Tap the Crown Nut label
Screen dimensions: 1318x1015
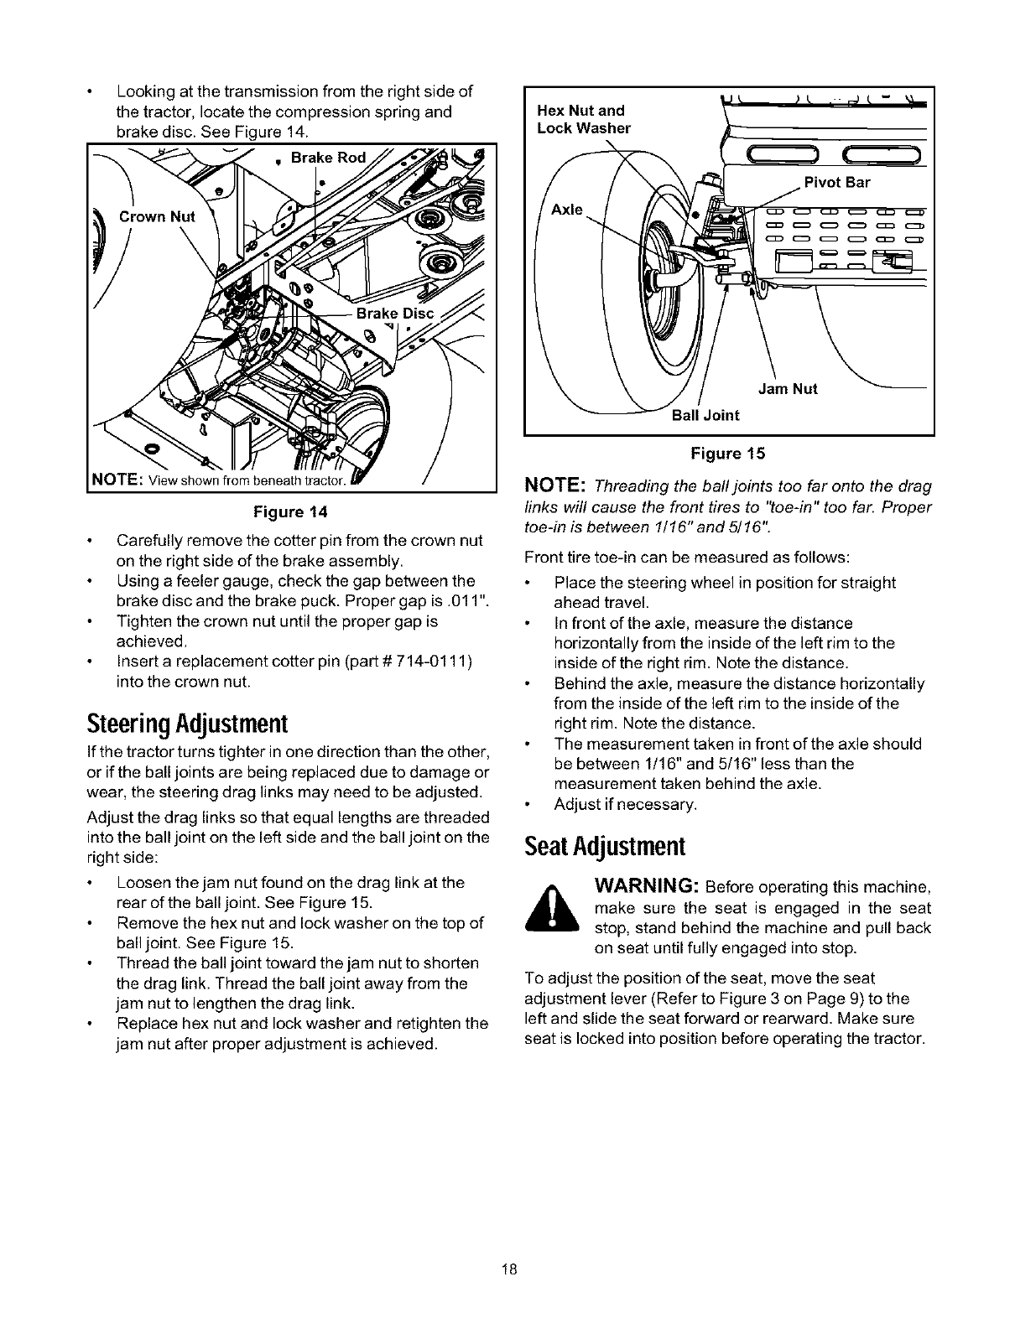(x=157, y=216)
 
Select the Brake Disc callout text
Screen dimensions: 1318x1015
(x=395, y=314)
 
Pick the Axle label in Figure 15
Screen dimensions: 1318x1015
(x=566, y=210)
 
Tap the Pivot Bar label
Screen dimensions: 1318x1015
(x=837, y=183)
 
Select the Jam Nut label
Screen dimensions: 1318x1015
(x=788, y=389)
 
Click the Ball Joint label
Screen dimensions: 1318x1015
(x=706, y=414)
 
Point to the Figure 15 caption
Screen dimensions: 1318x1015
(x=727, y=454)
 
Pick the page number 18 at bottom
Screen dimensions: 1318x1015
(x=507, y=1269)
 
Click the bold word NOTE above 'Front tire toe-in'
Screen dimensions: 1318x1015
(x=554, y=486)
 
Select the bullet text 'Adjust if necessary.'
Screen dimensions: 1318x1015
(x=625, y=805)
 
